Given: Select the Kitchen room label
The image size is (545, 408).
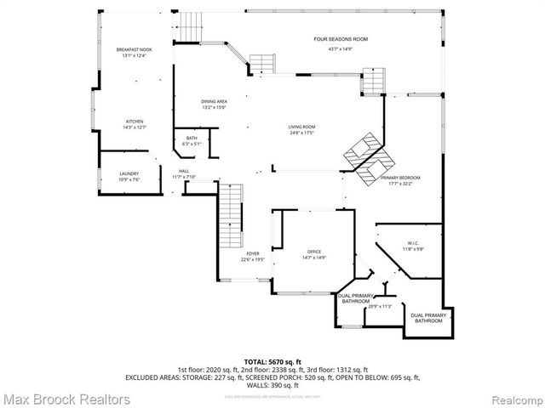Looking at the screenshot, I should [135, 122].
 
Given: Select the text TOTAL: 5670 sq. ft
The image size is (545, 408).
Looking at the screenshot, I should [272, 362].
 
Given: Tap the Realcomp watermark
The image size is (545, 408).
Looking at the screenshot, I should [509, 397].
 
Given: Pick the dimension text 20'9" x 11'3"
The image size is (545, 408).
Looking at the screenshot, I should [379, 306].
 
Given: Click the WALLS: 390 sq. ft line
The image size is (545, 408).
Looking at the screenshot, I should [272, 385].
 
